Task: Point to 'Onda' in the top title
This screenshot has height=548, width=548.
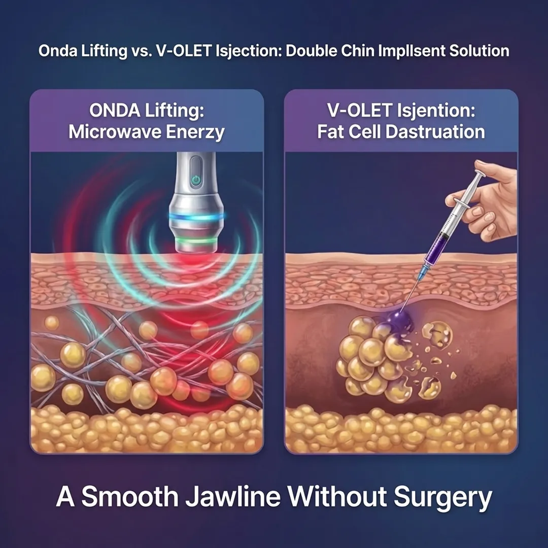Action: tap(56, 51)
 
